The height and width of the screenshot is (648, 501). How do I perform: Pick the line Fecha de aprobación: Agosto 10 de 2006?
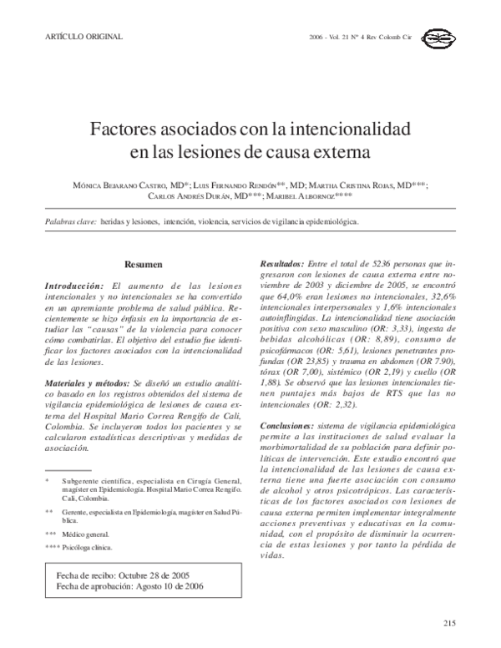129,586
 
